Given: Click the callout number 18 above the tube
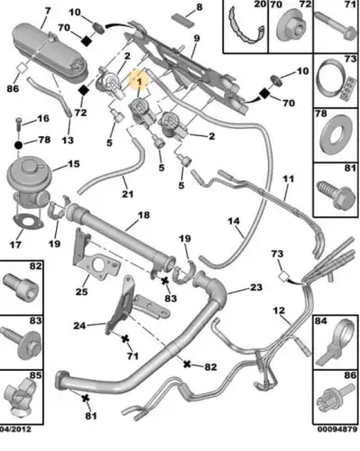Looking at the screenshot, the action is [143, 216].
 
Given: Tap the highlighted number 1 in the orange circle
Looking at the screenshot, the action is [139, 81].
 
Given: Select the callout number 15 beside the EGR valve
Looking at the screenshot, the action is [74, 164].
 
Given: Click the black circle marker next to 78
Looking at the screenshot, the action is [18, 145].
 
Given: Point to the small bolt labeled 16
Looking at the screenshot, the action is [18, 124].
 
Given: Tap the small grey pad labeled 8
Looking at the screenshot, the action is [181, 21].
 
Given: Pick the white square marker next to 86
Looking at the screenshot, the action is [23, 68].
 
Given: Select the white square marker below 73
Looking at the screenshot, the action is [283, 276].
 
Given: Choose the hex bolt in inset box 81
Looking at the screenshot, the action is [337, 196].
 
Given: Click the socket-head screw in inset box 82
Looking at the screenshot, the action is [21, 288].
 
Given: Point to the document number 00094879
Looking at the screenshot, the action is [337, 428].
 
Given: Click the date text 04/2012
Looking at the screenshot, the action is [15, 428].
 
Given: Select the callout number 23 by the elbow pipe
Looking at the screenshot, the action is [256, 288].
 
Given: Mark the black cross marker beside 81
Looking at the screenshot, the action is [86, 399].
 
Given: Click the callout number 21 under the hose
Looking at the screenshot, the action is [127, 194].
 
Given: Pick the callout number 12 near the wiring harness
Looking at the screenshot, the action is [279, 310].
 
